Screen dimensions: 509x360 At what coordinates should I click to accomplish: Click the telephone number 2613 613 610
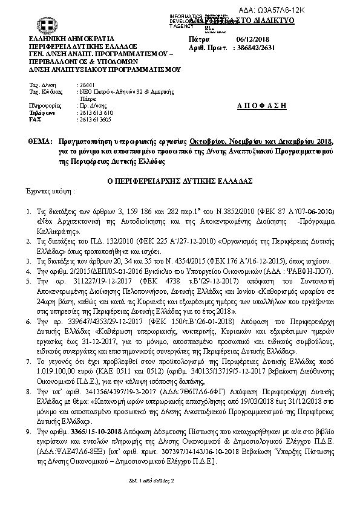(96, 113)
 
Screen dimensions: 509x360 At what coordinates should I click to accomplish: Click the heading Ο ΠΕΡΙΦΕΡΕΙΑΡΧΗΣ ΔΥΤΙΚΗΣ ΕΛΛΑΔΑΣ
(178, 180)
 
